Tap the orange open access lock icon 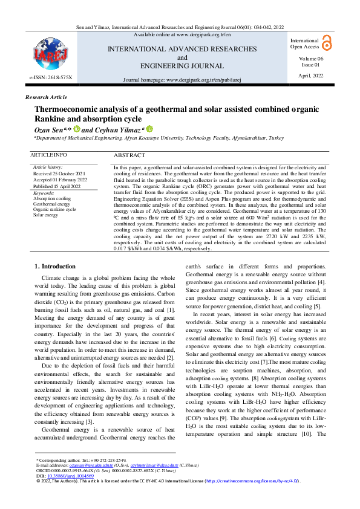pyautogui.click(x=327, y=42)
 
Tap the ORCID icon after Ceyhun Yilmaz pyautogui.click(x=149, y=129)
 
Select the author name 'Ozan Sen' pyautogui.click(x=46, y=129)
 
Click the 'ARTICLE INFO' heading pyautogui.click(x=48, y=155)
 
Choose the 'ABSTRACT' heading pyautogui.click(x=129, y=155)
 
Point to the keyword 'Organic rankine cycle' pyautogui.click(x=54, y=209)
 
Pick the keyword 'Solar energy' pyautogui.click(x=47, y=215)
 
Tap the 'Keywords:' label pyautogui.click(x=43, y=192)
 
